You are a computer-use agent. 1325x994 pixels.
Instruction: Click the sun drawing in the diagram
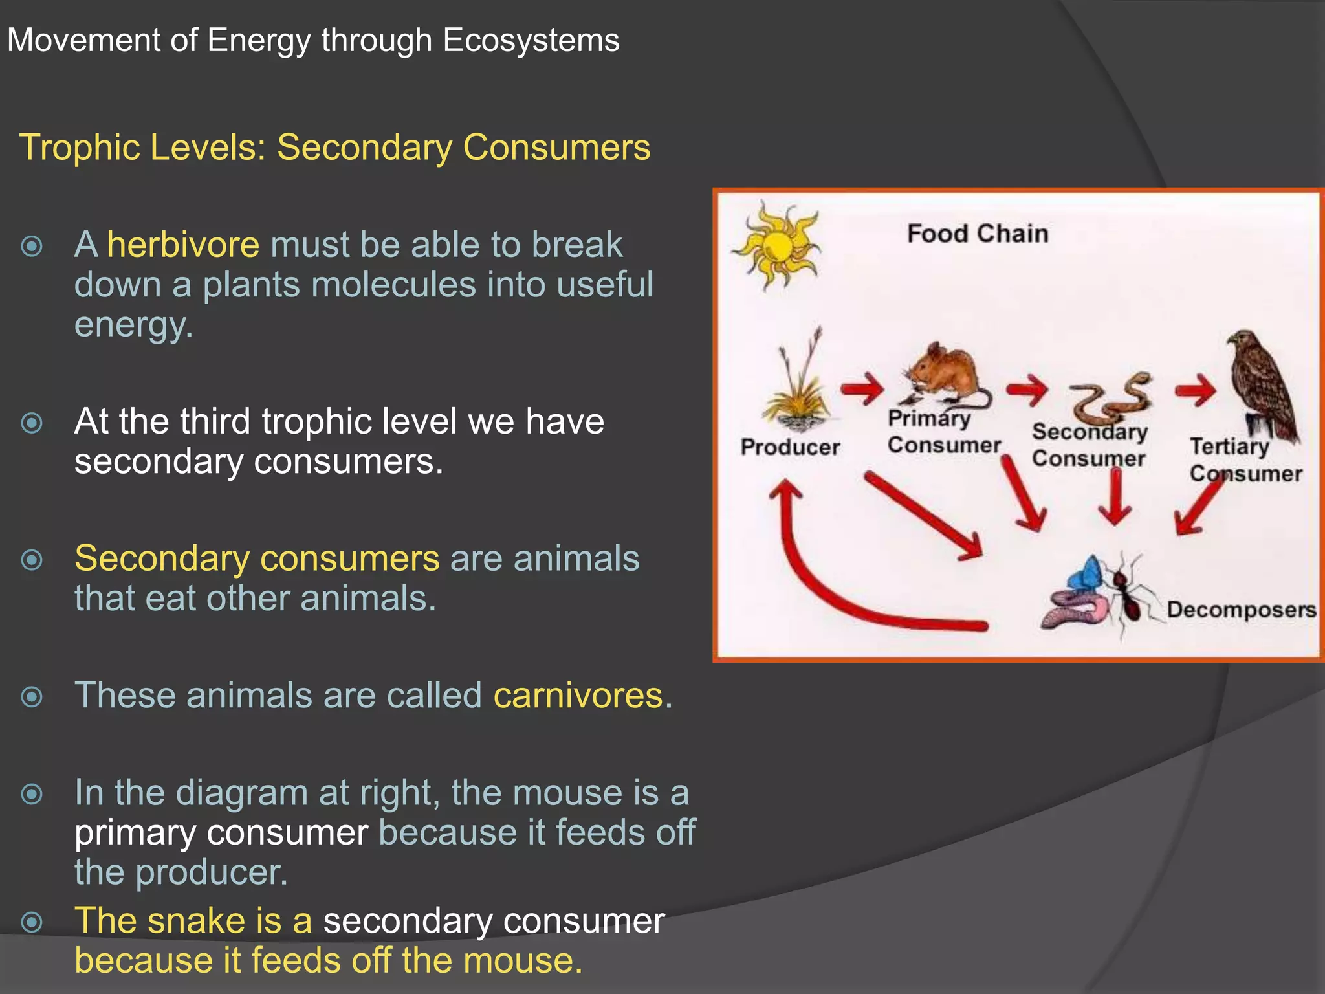point(776,247)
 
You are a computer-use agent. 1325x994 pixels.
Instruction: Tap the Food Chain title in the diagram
point(977,234)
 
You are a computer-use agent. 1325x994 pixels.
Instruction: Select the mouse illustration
point(945,375)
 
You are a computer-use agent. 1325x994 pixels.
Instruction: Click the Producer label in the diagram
point(790,447)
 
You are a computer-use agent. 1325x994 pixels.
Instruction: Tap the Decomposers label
point(1241,610)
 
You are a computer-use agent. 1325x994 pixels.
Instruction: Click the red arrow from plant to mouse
point(862,389)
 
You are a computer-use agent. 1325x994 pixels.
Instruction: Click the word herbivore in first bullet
point(183,245)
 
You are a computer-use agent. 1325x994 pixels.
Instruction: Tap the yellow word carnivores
point(578,696)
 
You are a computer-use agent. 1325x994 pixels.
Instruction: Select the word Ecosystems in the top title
point(531,40)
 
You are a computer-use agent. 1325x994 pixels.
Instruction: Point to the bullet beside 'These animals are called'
point(32,697)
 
